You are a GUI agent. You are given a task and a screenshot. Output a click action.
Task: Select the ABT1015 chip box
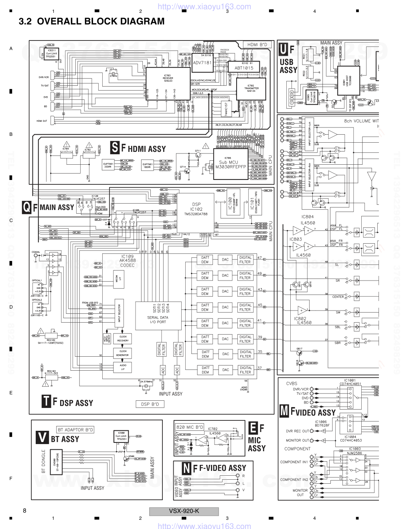coord(244,68)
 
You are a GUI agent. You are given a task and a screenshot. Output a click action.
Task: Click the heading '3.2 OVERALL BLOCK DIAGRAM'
coord(92,22)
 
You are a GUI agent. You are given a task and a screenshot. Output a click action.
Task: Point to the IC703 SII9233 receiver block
coord(168,83)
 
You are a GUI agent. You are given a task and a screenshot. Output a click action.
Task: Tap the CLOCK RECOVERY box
coord(123,339)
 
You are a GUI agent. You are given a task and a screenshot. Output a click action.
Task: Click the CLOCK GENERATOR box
coord(123,353)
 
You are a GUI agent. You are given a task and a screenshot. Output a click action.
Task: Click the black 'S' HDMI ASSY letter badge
coord(115,148)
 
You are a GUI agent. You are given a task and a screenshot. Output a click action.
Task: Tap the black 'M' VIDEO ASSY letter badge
coord(284,411)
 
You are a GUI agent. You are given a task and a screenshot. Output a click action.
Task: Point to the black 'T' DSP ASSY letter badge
coord(46,402)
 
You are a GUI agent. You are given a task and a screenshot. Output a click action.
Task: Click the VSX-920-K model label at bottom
coord(184,511)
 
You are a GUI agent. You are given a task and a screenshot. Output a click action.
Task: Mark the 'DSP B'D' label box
coord(150,404)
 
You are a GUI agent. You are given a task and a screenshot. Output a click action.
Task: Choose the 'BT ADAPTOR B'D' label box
coord(76,430)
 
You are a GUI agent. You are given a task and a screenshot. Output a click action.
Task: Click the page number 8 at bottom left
coord(25,511)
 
